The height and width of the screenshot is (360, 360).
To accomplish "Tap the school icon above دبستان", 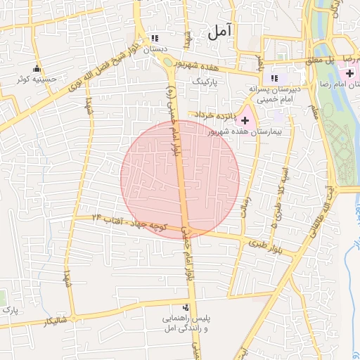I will coord(155,39).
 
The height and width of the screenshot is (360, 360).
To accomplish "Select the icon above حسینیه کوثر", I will coord(37,69).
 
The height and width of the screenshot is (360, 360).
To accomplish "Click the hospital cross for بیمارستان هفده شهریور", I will coord(245,121).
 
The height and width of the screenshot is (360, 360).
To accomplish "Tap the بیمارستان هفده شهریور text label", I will coord(245,132).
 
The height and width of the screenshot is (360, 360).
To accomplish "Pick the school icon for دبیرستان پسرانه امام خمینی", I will coord(275,78).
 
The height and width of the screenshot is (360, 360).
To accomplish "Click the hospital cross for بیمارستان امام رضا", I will coord(349,73).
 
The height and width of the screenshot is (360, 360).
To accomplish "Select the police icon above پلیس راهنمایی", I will coord(186,307).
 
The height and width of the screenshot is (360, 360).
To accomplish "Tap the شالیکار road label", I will coord(57,321).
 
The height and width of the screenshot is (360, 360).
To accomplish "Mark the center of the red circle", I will coord(180,179).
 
